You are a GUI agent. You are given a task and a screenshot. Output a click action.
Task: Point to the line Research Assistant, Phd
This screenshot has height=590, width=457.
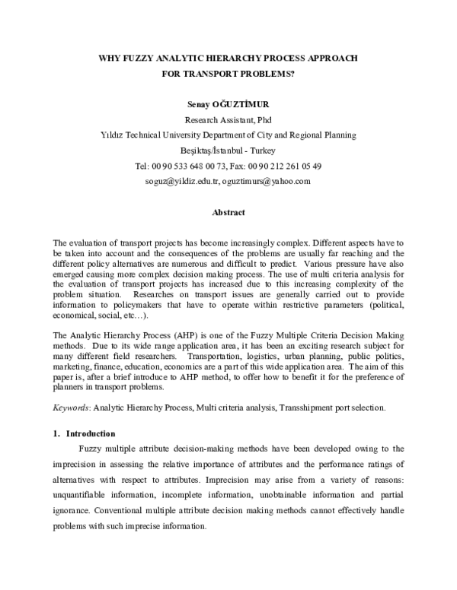(228, 120)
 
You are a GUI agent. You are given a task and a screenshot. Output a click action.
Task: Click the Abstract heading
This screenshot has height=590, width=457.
(228, 213)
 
